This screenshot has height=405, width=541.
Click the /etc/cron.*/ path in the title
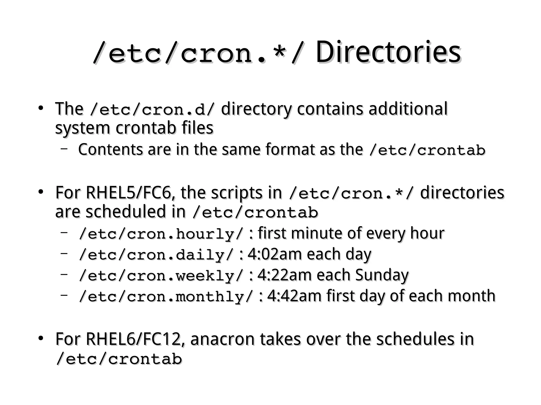198,54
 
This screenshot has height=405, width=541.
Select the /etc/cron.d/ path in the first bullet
152,109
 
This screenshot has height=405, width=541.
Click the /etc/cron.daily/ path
156,255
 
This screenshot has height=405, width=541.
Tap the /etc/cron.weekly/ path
161,276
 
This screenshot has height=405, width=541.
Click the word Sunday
382,275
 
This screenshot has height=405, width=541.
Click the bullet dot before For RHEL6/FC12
40,338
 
